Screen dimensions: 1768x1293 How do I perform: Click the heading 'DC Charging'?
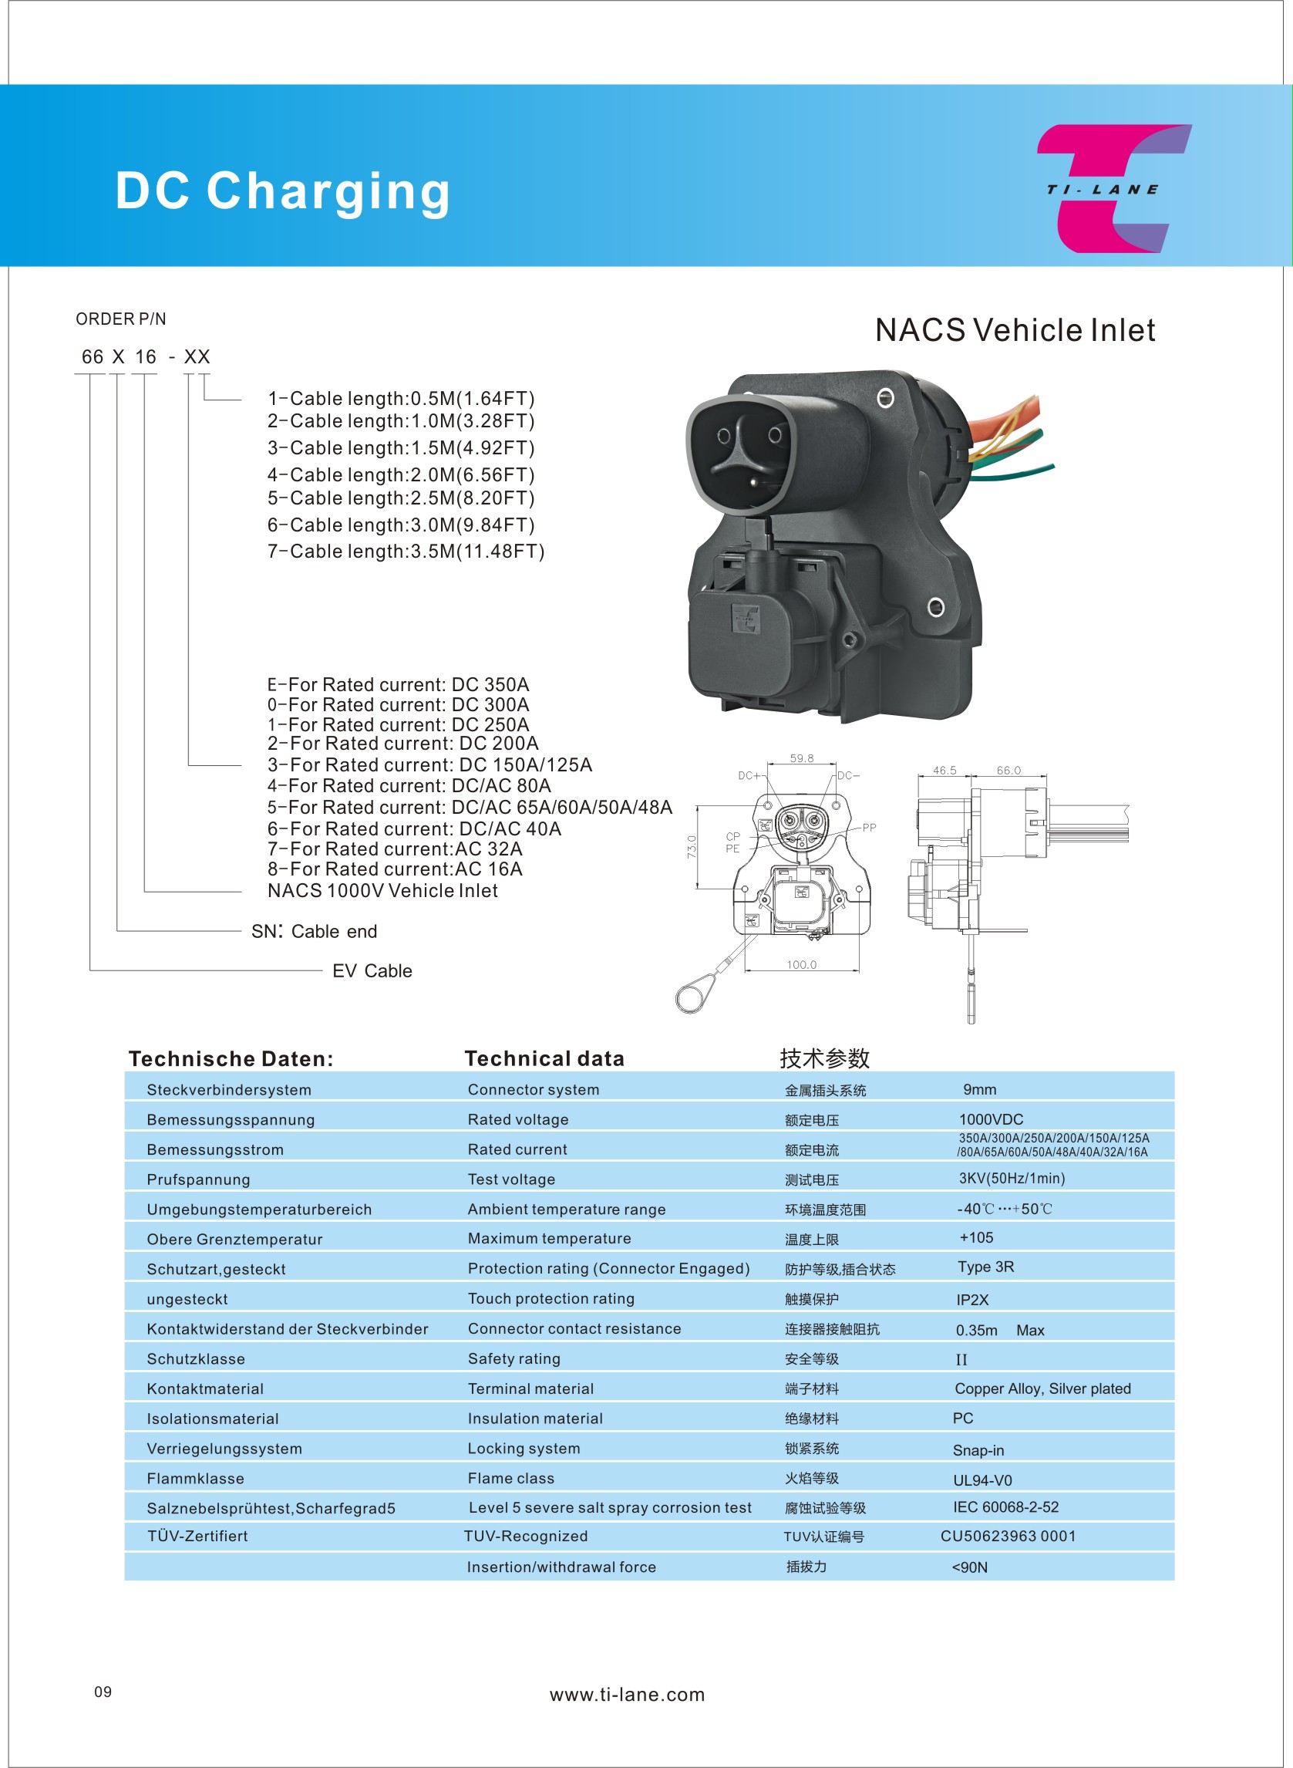pos(282,191)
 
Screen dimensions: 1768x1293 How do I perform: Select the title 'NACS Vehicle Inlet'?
pos(1015,330)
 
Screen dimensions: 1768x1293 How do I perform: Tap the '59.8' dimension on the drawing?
pos(801,758)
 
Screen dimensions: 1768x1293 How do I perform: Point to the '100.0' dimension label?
pos(801,965)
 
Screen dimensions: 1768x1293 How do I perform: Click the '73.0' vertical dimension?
pos(692,846)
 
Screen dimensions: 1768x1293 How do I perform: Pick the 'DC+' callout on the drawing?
pos(748,775)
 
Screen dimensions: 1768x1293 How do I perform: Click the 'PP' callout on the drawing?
pos(869,827)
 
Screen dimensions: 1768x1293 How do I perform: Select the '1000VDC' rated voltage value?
pos(991,1119)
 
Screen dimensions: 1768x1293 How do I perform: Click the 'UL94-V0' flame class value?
pos(982,1480)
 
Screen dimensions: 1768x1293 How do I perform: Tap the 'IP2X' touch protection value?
pos(972,1300)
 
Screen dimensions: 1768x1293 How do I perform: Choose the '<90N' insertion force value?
pos(970,1567)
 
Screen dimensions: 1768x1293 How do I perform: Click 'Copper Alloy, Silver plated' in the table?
pos(1042,1388)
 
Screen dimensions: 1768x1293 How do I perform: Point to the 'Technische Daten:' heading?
pos(231,1058)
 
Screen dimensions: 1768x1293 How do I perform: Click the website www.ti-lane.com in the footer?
pos(627,1695)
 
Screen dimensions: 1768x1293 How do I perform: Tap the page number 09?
pos(103,1692)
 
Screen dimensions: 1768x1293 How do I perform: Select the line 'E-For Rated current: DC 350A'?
pos(398,684)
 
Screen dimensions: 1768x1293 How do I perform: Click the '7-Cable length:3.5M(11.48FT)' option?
pos(406,552)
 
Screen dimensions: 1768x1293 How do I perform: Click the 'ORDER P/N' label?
pos(120,319)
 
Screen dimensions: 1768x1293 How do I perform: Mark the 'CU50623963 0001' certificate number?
pos(1008,1537)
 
